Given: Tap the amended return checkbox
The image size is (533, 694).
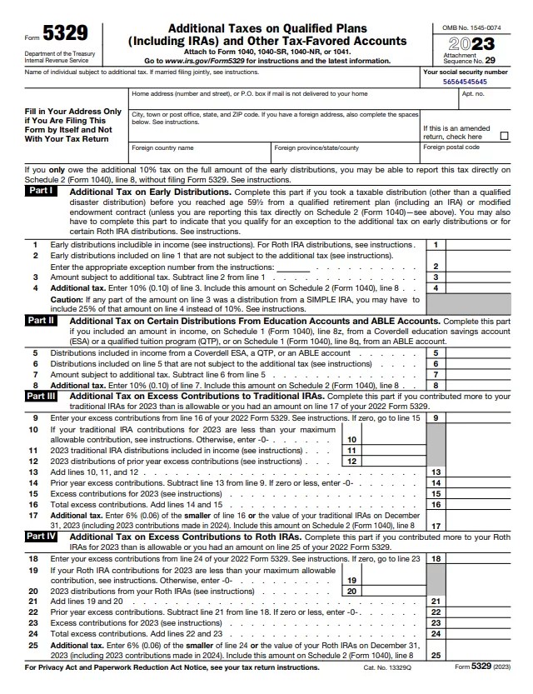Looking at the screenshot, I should tap(503, 136).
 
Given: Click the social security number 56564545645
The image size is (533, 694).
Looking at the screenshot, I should tap(466, 82).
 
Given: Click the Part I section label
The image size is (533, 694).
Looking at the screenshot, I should tap(41, 191).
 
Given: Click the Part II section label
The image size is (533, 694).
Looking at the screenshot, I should tap(41, 320).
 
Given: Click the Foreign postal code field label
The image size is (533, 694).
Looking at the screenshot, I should tap(451, 147).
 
